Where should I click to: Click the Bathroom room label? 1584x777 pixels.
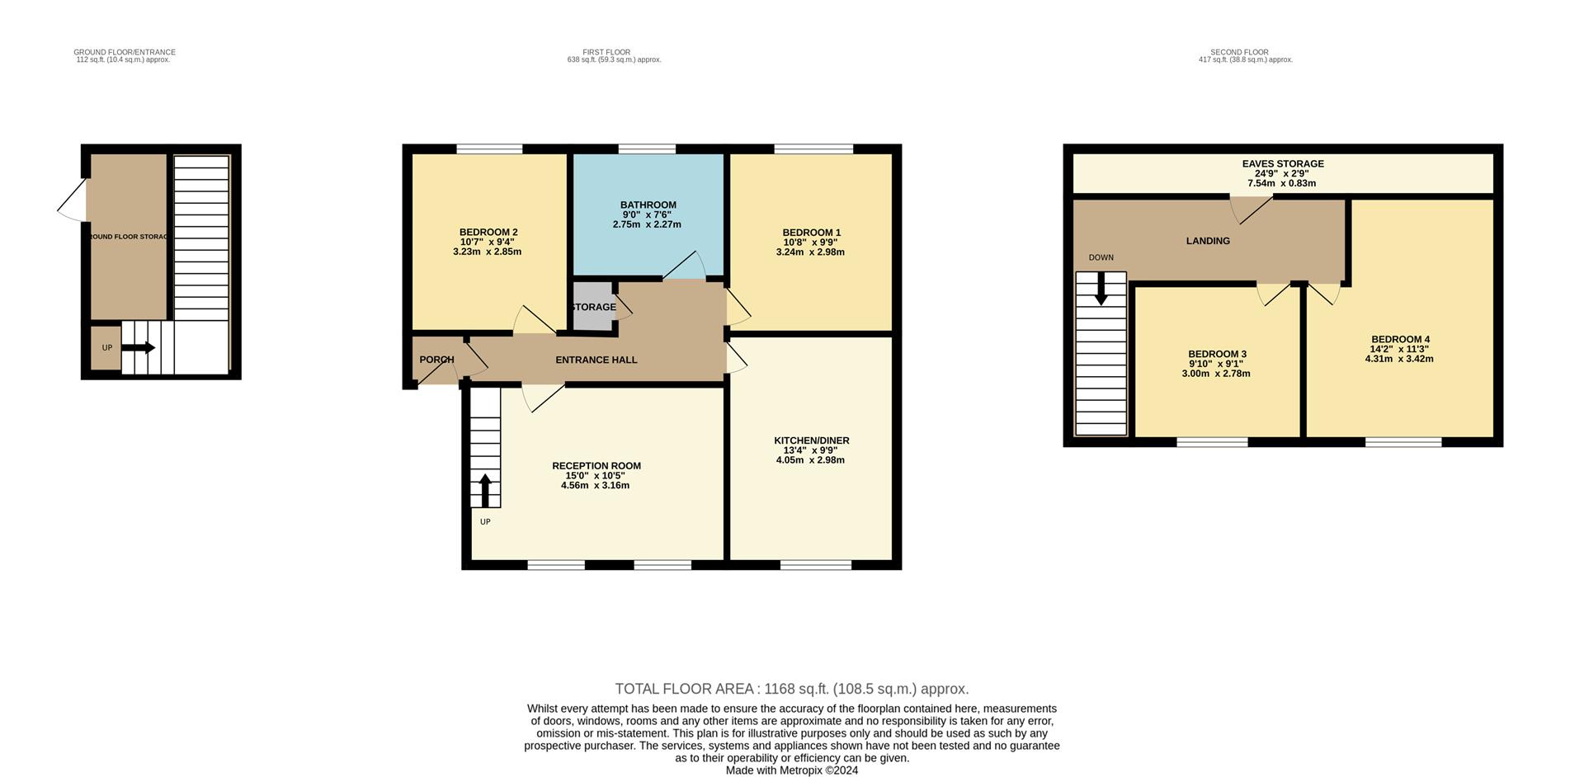[x=648, y=205]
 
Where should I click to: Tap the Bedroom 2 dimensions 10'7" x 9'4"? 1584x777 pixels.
[x=487, y=242]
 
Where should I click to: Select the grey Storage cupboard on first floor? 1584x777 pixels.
[x=593, y=307]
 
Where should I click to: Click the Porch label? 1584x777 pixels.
[x=436, y=360]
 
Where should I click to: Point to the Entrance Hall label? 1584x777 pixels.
[x=596, y=360]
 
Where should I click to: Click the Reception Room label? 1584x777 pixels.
[x=596, y=466]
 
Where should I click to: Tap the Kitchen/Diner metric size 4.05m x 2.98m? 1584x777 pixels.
[x=810, y=460]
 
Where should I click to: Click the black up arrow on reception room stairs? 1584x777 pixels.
[x=485, y=490]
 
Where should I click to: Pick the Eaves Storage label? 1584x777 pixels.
[x=1282, y=164]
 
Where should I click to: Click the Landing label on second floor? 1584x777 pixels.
[x=1207, y=241]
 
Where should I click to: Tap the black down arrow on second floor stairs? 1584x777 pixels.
[x=1101, y=289]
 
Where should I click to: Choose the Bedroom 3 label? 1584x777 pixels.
[x=1216, y=354]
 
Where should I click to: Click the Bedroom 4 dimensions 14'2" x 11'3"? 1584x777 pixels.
[x=1399, y=349]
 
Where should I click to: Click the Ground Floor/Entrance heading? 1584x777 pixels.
[x=124, y=52]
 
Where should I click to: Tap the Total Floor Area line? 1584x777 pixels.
[x=791, y=689]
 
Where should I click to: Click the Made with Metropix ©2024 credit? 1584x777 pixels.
[x=791, y=770]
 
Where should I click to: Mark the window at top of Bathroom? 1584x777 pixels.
[x=647, y=149]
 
